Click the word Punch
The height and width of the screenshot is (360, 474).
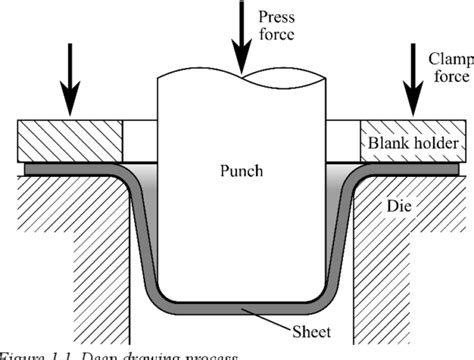click(241, 171)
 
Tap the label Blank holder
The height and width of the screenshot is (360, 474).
click(411, 146)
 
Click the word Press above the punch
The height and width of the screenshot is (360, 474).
click(275, 17)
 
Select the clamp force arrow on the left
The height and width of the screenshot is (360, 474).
click(71, 80)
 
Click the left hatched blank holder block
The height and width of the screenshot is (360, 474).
click(69, 140)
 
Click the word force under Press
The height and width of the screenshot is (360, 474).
click(275, 37)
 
